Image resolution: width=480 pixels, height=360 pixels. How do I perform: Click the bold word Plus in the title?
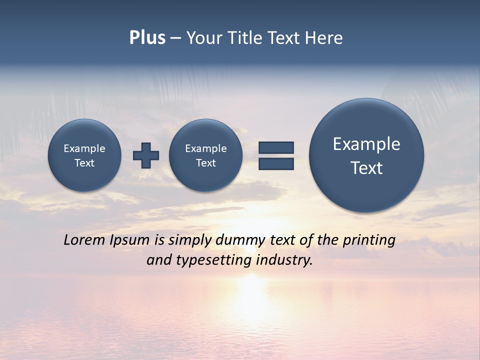pyautogui.click(x=147, y=38)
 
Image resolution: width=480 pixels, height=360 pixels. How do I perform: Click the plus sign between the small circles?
pyautogui.click(x=146, y=155)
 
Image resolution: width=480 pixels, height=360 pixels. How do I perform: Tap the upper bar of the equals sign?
pyautogui.click(x=276, y=147)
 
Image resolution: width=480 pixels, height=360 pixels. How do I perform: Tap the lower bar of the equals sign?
pyautogui.click(x=276, y=164)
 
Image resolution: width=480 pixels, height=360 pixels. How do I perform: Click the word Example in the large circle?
pyautogui.click(x=366, y=144)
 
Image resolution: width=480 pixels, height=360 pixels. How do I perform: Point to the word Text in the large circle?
pyautogui.click(x=366, y=168)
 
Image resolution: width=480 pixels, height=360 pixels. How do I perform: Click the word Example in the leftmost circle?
pyautogui.click(x=84, y=148)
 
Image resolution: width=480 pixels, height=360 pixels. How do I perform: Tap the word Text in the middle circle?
pyautogui.click(x=205, y=163)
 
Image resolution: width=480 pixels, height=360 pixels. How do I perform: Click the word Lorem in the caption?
pyautogui.click(x=84, y=240)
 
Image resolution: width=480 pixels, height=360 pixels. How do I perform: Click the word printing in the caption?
pyautogui.click(x=368, y=240)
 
